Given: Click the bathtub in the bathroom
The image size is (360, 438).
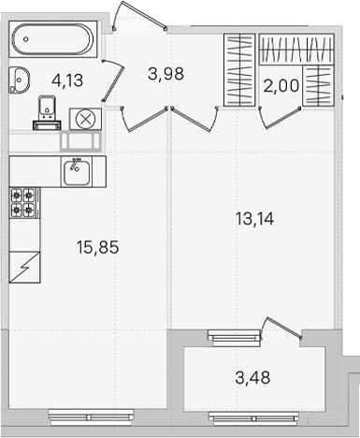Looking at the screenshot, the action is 53,39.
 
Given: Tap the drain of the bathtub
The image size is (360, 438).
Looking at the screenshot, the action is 26,39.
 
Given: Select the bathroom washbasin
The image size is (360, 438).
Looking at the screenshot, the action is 20,80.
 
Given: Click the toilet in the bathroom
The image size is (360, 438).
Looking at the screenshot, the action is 47,112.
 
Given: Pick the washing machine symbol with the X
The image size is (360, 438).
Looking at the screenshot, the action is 85,119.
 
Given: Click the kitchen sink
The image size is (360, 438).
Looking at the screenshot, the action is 77,171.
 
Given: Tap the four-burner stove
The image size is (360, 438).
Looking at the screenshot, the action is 24,203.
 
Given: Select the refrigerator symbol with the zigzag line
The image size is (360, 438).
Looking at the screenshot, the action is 24,268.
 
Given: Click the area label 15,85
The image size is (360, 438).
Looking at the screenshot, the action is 97,247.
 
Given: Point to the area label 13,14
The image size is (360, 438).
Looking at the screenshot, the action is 254,219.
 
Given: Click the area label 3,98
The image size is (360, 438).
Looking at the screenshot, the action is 166,74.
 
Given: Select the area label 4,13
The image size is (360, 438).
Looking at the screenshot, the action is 67,81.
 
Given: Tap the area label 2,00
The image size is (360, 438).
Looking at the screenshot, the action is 281,86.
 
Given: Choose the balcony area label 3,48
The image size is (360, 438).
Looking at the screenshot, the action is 252,378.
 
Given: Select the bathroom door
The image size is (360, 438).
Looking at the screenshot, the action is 114,80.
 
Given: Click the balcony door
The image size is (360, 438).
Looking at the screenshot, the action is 281,328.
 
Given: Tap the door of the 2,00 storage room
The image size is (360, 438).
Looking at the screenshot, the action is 280,118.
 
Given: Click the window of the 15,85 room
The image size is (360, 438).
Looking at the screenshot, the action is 92,417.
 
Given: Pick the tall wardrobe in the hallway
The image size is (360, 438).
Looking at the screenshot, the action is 239,70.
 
